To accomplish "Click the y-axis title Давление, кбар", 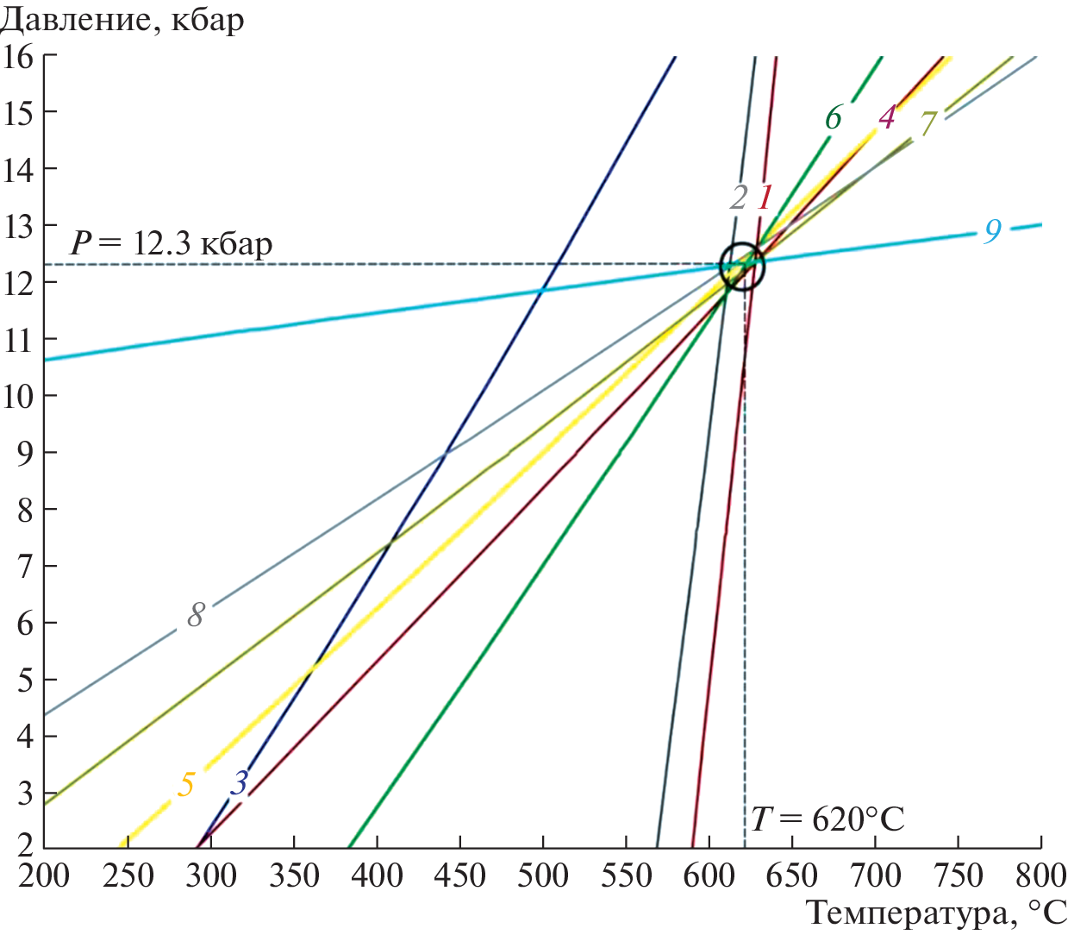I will click(122, 19).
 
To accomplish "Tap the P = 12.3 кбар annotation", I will click(171, 243).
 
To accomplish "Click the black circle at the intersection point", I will click(742, 266).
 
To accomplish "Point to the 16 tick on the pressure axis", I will click(17, 57).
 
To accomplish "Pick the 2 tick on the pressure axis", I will click(24, 845).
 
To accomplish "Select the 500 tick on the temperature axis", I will click(543, 875).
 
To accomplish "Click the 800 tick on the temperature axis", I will click(1040, 875).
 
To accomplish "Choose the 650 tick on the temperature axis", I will click(791, 875).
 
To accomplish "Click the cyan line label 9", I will click(993, 230).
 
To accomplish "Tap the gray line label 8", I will click(196, 615).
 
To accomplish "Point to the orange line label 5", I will click(186, 784).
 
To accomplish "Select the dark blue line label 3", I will click(240, 782).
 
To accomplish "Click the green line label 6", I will click(833, 117).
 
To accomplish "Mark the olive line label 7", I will click(927, 124).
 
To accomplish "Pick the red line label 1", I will click(765, 198).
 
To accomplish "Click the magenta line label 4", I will click(886, 116).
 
